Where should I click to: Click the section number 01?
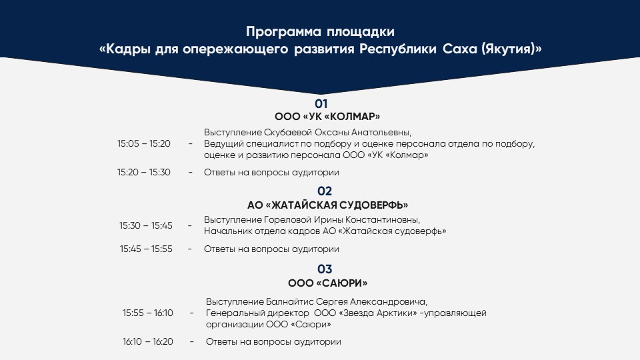(x=321, y=104)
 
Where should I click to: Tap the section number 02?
(x=325, y=191)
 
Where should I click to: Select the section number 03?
(x=325, y=269)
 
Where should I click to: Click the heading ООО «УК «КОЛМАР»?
(x=327, y=117)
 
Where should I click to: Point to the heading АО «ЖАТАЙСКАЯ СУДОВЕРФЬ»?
(x=327, y=205)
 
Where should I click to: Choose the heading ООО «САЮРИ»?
(x=327, y=283)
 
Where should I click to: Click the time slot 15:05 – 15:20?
(x=144, y=144)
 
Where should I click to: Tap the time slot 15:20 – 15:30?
(x=144, y=172)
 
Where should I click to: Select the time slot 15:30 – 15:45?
(x=146, y=225)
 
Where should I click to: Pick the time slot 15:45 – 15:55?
(x=146, y=249)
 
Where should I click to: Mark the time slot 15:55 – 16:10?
(x=148, y=313)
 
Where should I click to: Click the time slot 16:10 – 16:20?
(x=148, y=341)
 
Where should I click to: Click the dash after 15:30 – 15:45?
(x=190, y=225)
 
